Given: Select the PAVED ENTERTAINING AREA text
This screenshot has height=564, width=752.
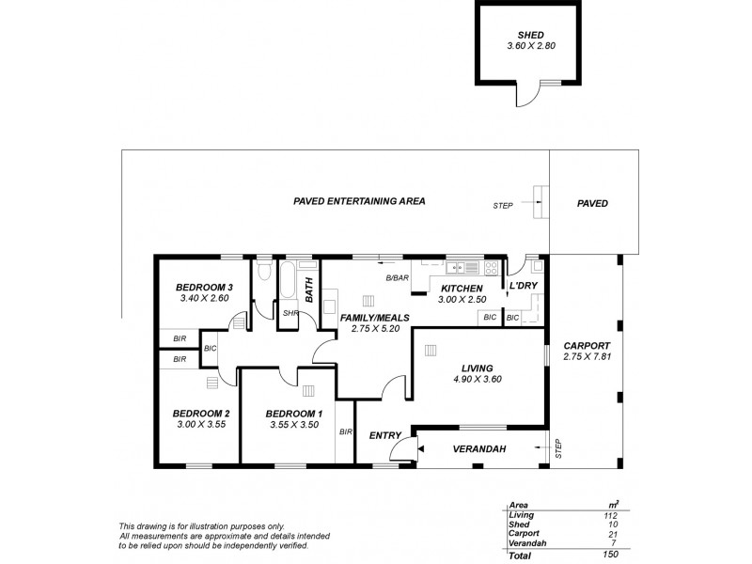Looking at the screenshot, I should (360, 201).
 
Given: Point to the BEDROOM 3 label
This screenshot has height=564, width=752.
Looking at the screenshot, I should (204, 287).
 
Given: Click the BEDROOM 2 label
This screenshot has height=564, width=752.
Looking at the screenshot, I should (201, 413).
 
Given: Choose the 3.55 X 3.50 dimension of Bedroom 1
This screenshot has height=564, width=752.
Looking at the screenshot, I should (293, 425).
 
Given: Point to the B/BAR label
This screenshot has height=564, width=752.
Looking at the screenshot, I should (397, 278).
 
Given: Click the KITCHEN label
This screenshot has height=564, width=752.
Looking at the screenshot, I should (461, 288).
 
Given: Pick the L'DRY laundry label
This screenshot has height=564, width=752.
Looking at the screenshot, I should (523, 286).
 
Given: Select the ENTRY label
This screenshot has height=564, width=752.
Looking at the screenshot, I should (385, 434).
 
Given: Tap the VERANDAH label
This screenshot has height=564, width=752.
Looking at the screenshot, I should (479, 449).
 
